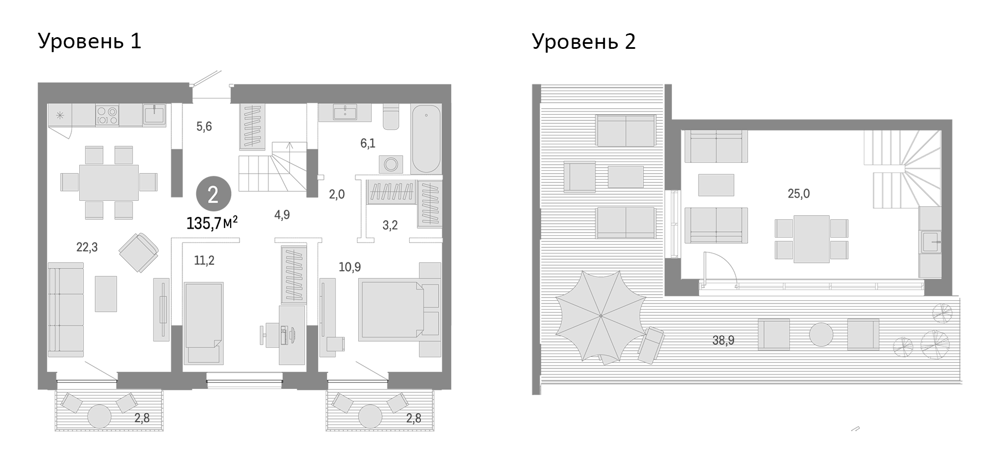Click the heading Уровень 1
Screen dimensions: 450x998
point(89,42)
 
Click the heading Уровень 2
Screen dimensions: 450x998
point(583,42)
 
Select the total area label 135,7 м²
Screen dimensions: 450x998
point(212,223)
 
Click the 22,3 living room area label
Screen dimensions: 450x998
point(87,247)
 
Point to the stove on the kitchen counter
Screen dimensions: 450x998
point(107,115)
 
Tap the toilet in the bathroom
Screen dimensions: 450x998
point(391,117)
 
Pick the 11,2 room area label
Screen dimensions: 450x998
point(204,261)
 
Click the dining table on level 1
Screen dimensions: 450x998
point(109,183)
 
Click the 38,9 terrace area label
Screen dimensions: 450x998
point(723,341)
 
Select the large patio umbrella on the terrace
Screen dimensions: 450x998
point(600,316)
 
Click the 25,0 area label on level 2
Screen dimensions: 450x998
point(798,194)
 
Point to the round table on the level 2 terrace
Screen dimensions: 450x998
point(821,335)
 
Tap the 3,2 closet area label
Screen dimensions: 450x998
point(390,225)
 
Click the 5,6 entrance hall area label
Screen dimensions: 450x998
point(204,127)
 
